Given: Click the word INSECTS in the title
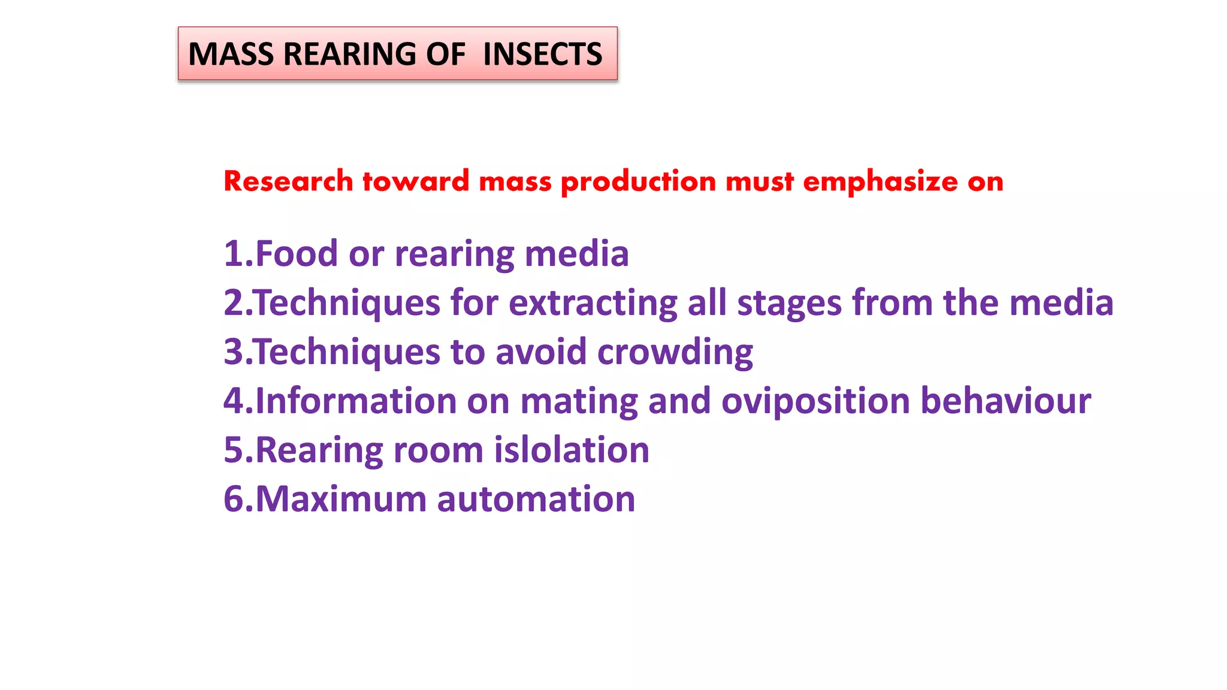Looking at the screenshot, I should point(542,55).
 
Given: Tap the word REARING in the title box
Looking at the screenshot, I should point(349,55).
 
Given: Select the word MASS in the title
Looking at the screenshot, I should point(231,55).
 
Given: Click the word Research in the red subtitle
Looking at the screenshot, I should point(288,181).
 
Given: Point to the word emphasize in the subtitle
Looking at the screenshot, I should point(880,181).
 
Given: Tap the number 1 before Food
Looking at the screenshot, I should point(232,254).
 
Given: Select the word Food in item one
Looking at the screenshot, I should point(297,254).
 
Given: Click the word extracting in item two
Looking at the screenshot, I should point(593,303).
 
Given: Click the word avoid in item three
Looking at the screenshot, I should point(541,352).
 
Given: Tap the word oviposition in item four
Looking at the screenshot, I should point(815,401).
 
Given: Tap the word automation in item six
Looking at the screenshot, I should point(536,500).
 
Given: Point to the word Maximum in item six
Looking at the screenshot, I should point(341,500).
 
